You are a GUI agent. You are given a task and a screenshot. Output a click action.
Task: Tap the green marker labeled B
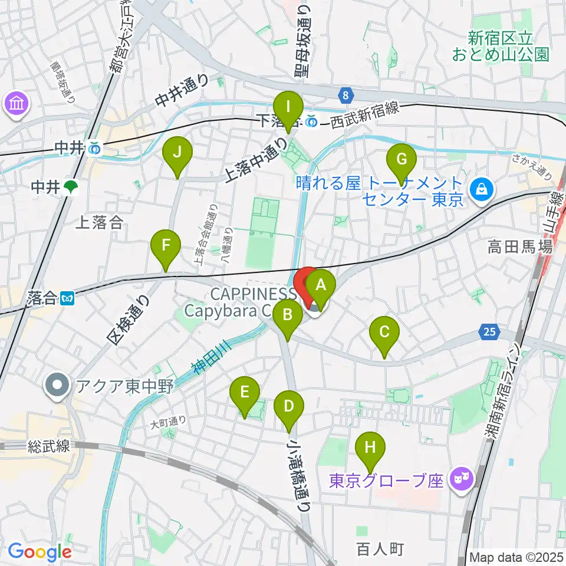[x=287, y=315]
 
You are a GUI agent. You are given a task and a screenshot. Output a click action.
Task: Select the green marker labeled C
[x=384, y=333]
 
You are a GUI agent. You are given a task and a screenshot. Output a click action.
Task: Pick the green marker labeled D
[x=289, y=406]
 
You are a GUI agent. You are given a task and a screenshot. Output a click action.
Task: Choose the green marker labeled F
[x=166, y=245]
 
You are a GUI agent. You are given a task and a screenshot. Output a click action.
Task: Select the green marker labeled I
[x=288, y=108]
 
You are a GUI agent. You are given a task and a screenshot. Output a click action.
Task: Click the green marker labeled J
[x=177, y=153]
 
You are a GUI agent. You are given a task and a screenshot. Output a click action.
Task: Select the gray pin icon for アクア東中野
[x=57, y=387]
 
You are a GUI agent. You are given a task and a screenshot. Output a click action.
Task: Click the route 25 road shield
[x=489, y=333]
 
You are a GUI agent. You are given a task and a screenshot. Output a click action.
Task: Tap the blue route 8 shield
[x=344, y=93]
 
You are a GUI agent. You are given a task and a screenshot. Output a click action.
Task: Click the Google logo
[x=40, y=552]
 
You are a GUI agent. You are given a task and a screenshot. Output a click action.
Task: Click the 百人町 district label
[x=381, y=549]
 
